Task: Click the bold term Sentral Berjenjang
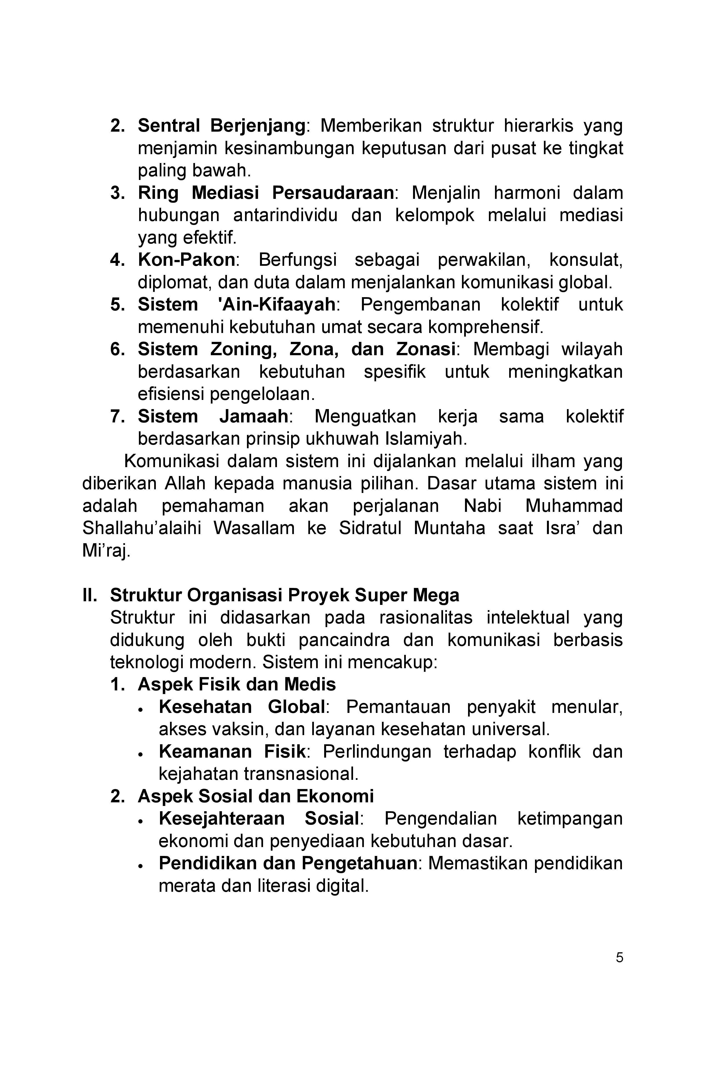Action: tap(221, 126)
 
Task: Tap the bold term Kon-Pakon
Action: tap(186, 260)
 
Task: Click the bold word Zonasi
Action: tap(425, 349)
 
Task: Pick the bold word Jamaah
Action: tap(253, 416)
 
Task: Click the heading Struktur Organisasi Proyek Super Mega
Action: tap(284, 595)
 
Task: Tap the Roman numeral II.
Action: tap(90, 595)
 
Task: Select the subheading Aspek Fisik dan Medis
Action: tap(236, 684)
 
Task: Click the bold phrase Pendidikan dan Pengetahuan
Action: tap(287, 863)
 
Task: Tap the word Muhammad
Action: tap(574, 506)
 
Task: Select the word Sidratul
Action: tap(370, 528)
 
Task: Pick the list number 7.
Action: tap(116, 416)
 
